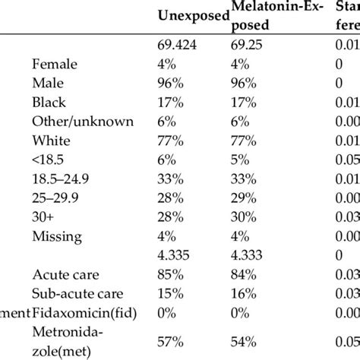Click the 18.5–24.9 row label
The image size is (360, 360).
click(62, 178)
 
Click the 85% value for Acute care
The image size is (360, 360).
click(168, 275)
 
